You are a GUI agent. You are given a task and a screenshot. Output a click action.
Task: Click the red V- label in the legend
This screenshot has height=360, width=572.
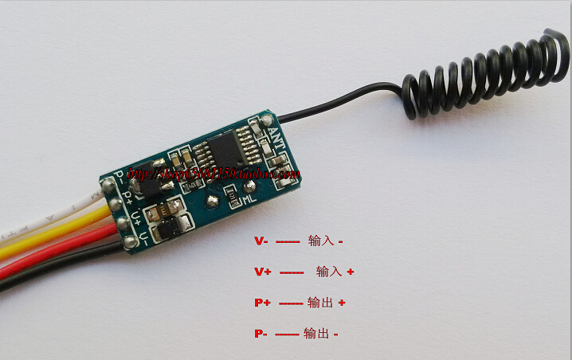(261, 241)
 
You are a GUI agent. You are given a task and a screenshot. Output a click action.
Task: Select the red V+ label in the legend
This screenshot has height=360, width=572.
(263, 272)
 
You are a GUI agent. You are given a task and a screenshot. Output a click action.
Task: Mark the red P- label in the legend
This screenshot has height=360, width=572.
(261, 334)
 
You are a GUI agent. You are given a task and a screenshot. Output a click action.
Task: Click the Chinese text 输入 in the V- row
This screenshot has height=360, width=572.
(320, 241)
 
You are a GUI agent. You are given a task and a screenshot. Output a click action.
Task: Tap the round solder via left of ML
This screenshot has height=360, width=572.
(213, 200)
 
